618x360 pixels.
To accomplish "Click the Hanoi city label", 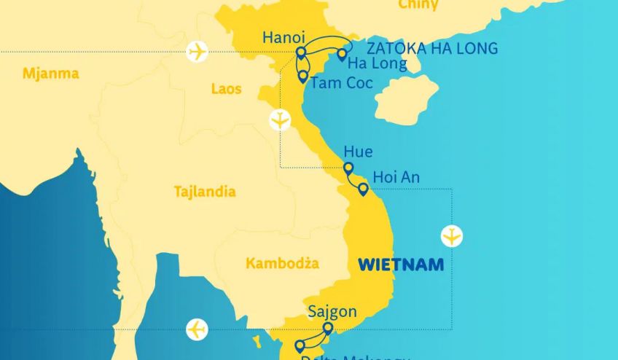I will pos(284,37).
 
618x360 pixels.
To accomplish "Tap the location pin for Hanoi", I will pos(300,53).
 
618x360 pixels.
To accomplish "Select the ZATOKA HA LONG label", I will pos(432,49).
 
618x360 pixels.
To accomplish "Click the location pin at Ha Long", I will pos(341,55).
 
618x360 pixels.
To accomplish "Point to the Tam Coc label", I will pos(341,82).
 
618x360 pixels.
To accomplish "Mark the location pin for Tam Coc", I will pos(302,76).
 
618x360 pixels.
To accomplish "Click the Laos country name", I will pos(226,89).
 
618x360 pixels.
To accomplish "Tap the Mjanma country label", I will pos(50,74).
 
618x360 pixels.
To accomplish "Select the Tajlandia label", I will pos(205,192).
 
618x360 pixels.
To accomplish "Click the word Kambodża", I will pos(282,263).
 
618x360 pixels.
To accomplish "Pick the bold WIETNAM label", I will pos(401,265).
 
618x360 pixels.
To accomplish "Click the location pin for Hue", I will pos(348,169).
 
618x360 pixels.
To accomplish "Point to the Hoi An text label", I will pos(396,177).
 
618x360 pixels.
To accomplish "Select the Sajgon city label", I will pos(332,312).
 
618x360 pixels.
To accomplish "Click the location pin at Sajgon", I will pos(327,329).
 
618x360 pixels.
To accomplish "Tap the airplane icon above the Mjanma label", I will pos(197,52).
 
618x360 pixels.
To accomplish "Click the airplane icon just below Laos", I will pos(280,120).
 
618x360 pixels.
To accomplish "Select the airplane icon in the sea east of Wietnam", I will pos(453,236).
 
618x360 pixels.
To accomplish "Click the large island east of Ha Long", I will pos(405,98).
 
